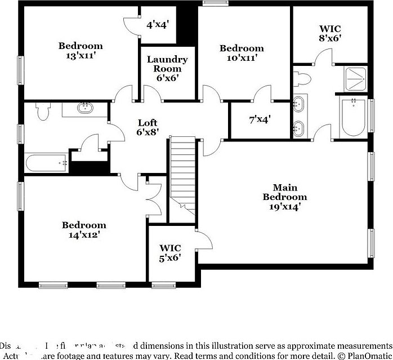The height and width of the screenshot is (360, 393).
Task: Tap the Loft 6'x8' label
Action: [148, 127]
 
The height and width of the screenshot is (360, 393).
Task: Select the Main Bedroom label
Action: [285, 192]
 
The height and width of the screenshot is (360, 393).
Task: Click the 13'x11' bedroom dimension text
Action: [81, 56]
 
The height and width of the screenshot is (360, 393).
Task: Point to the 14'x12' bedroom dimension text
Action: [84, 235]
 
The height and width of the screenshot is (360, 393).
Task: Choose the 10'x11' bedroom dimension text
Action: [241, 58]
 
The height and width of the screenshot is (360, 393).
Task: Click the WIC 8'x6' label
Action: [329, 33]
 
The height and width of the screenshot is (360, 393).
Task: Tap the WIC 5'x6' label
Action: [170, 252]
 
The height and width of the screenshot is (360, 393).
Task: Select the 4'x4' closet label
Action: [158, 25]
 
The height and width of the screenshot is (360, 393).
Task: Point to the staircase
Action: [183, 169]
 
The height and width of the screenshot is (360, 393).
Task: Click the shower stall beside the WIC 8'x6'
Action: [355, 79]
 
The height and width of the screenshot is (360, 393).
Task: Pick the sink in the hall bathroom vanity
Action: [86, 108]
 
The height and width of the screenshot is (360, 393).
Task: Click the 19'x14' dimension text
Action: [285, 207]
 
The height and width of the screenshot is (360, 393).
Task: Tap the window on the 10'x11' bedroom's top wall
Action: [212, 5]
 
